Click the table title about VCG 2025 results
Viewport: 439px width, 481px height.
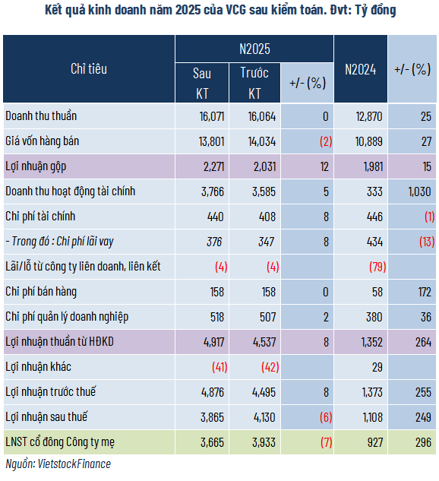pos(219,11)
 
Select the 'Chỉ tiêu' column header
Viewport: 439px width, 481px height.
pos(89,68)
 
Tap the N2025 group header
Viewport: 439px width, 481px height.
pos(254,49)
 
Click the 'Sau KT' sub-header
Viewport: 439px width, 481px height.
pos(201,84)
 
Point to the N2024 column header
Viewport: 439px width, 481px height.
pos(361,68)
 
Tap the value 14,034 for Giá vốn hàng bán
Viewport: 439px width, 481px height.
pos(262,141)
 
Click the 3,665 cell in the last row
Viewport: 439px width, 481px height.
pos(210,441)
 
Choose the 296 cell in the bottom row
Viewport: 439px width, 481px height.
pos(422,441)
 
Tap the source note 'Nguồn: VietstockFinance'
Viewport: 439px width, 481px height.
pos(58,463)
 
